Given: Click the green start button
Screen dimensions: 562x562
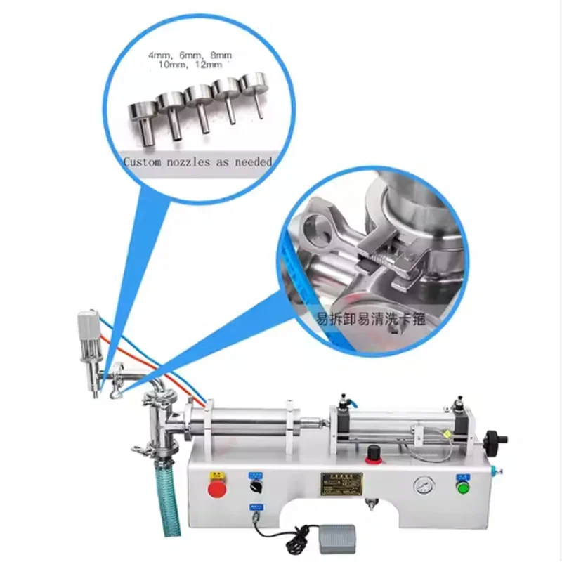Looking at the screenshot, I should pyautogui.click(x=462, y=487).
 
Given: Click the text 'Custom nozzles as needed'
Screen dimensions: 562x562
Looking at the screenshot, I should pyautogui.click(x=197, y=162).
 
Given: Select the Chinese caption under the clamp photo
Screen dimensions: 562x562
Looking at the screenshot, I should pyautogui.click(x=371, y=318).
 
